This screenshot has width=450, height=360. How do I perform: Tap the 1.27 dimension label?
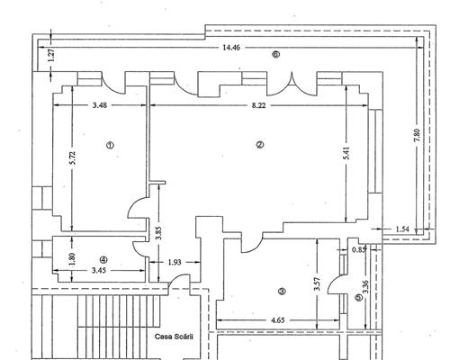(x=51, y=54)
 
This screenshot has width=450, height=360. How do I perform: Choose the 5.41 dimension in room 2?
(x=346, y=154)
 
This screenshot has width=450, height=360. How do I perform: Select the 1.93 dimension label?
(x=176, y=263)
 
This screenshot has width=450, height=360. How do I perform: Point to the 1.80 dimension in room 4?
(x=72, y=256)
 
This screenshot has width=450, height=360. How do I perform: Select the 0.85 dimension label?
(x=359, y=249)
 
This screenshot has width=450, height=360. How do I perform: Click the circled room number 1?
(x=110, y=145)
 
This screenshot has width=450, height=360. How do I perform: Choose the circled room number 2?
(x=259, y=145)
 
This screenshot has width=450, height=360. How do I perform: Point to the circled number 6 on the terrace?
(x=276, y=54)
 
